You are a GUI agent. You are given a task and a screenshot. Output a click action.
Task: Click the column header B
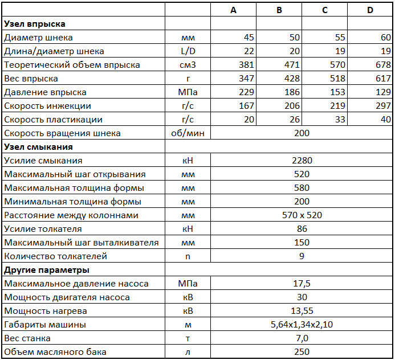coord(279,10)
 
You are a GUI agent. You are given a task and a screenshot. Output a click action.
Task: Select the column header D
coord(370,10)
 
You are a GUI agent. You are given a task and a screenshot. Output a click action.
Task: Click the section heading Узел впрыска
coord(35,24)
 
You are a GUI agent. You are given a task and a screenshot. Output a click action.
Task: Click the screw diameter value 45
coord(249,38)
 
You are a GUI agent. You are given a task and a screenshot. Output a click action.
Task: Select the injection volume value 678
coord(383,65)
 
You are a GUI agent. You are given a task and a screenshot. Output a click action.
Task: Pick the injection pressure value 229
coord(247,92)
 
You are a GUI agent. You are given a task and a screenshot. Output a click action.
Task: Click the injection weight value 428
coord(292,79)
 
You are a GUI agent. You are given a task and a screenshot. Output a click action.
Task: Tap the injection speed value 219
coord(337,106)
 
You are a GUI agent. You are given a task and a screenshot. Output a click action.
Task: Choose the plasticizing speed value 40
coord(385,120)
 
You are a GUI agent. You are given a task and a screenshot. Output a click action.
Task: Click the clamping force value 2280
coord(302,161)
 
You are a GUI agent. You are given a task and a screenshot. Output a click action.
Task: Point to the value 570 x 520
coord(302,215)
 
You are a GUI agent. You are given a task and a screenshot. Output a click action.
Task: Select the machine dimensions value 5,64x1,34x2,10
coord(302,325)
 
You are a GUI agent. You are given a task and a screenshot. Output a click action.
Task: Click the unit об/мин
coord(188,133)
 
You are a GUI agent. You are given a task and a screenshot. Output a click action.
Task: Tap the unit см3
coord(188,65)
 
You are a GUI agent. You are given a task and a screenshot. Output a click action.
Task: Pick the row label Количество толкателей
coord(55,256)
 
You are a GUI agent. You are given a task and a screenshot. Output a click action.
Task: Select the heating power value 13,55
coord(302,311)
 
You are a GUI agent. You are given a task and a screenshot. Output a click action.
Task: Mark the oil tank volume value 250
coord(302,352)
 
